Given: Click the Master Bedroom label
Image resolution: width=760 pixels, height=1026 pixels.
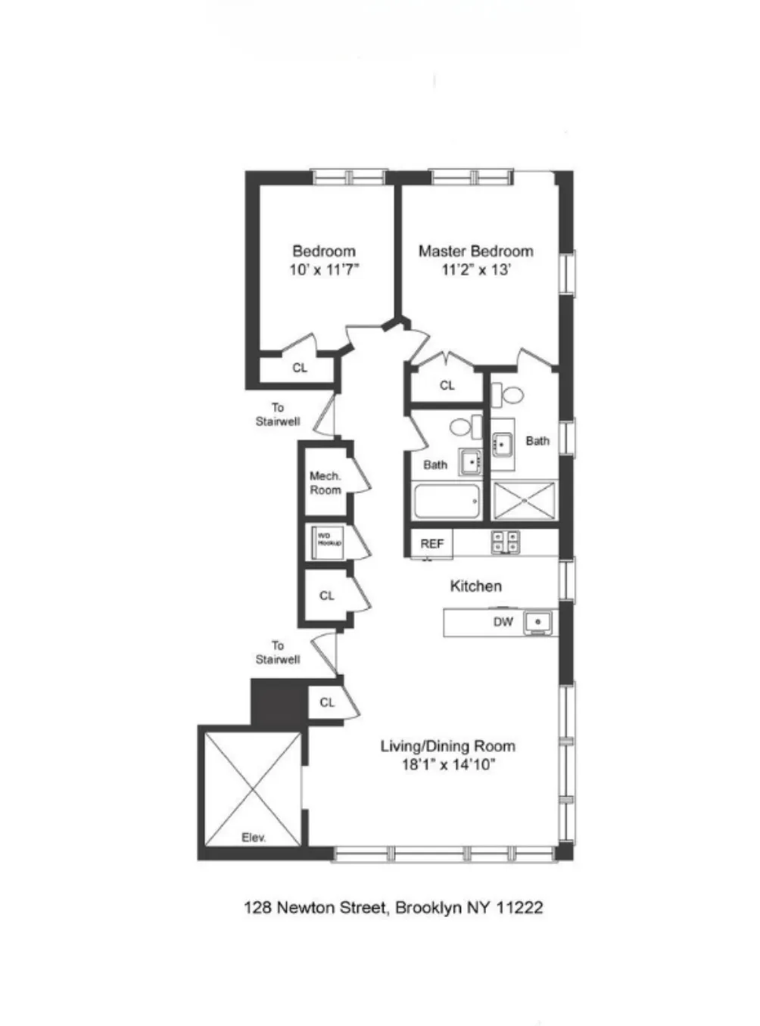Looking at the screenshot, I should tap(475, 251).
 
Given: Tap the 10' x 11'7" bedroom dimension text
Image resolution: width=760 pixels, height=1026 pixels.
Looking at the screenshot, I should tap(324, 270).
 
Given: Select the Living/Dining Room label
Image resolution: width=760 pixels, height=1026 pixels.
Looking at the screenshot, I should tap(447, 746).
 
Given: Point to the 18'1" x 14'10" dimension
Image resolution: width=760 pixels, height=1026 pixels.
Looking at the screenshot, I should tap(447, 765).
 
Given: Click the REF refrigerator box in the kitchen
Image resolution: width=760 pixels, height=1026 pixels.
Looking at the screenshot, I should tap(431, 544).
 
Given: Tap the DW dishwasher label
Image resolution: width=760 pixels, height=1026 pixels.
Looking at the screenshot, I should tap(503, 622).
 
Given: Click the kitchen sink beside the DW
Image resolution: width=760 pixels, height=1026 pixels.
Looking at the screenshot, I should tap(538, 623).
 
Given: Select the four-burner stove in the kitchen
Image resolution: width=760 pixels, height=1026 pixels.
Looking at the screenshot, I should tap(506, 542).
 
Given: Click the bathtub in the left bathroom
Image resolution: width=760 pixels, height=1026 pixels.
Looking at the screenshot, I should tap(447, 501).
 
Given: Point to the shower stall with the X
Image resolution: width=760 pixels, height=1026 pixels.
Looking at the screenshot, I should tap(524, 500).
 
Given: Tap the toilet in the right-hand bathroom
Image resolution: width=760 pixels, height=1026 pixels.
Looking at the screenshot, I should tap(509, 395).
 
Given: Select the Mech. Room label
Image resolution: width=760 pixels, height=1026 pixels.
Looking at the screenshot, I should tap(325, 483).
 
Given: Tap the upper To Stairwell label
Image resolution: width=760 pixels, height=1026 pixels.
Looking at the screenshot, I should tap(278, 415).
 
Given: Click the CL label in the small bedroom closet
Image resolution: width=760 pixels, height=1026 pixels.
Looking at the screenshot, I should tap(300, 368).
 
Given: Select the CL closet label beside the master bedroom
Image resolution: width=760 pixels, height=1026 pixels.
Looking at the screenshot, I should tap(447, 386).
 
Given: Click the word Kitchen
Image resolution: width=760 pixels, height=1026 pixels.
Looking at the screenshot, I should tap(475, 586).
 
